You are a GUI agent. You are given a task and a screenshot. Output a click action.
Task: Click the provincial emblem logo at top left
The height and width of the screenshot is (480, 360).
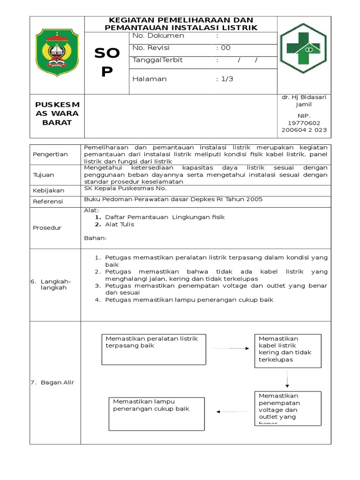click(x=57, y=52)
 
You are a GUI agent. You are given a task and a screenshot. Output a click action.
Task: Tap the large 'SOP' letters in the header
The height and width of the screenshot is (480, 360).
click(x=107, y=62)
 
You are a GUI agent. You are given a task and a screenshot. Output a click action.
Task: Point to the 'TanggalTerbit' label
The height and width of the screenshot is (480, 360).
click(x=158, y=60)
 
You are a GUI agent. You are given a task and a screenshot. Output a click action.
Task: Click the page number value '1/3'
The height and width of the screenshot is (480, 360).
click(x=227, y=79)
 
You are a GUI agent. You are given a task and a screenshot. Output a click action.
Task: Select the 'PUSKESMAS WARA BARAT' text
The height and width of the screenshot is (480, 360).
click(x=57, y=113)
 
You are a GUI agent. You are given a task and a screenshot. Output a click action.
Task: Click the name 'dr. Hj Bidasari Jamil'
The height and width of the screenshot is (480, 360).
click(x=304, y=100)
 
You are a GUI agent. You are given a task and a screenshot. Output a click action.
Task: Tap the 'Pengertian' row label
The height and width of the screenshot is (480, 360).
click(x=51, y=154)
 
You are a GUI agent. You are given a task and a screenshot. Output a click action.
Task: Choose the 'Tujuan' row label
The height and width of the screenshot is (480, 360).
click(x=44, y=175)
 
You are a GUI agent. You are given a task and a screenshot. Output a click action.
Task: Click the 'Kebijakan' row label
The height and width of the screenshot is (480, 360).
click(x=48, y=190)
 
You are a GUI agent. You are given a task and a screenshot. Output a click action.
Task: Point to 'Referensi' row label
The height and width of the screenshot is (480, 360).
click(x=48, y=202)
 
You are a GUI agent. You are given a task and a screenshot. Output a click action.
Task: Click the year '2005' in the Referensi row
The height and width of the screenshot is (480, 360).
click(x=254, y=199)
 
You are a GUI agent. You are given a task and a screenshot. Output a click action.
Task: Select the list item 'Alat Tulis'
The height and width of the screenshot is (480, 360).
click(x=120, y=224)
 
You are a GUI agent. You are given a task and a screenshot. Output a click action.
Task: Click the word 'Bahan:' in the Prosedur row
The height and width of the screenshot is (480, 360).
click(x=95, y=238)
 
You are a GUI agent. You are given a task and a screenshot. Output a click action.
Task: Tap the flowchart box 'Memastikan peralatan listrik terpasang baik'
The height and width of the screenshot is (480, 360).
click(x=153, y=349)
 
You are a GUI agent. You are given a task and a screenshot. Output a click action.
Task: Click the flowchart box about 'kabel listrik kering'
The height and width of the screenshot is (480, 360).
click(x=288, y=349)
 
